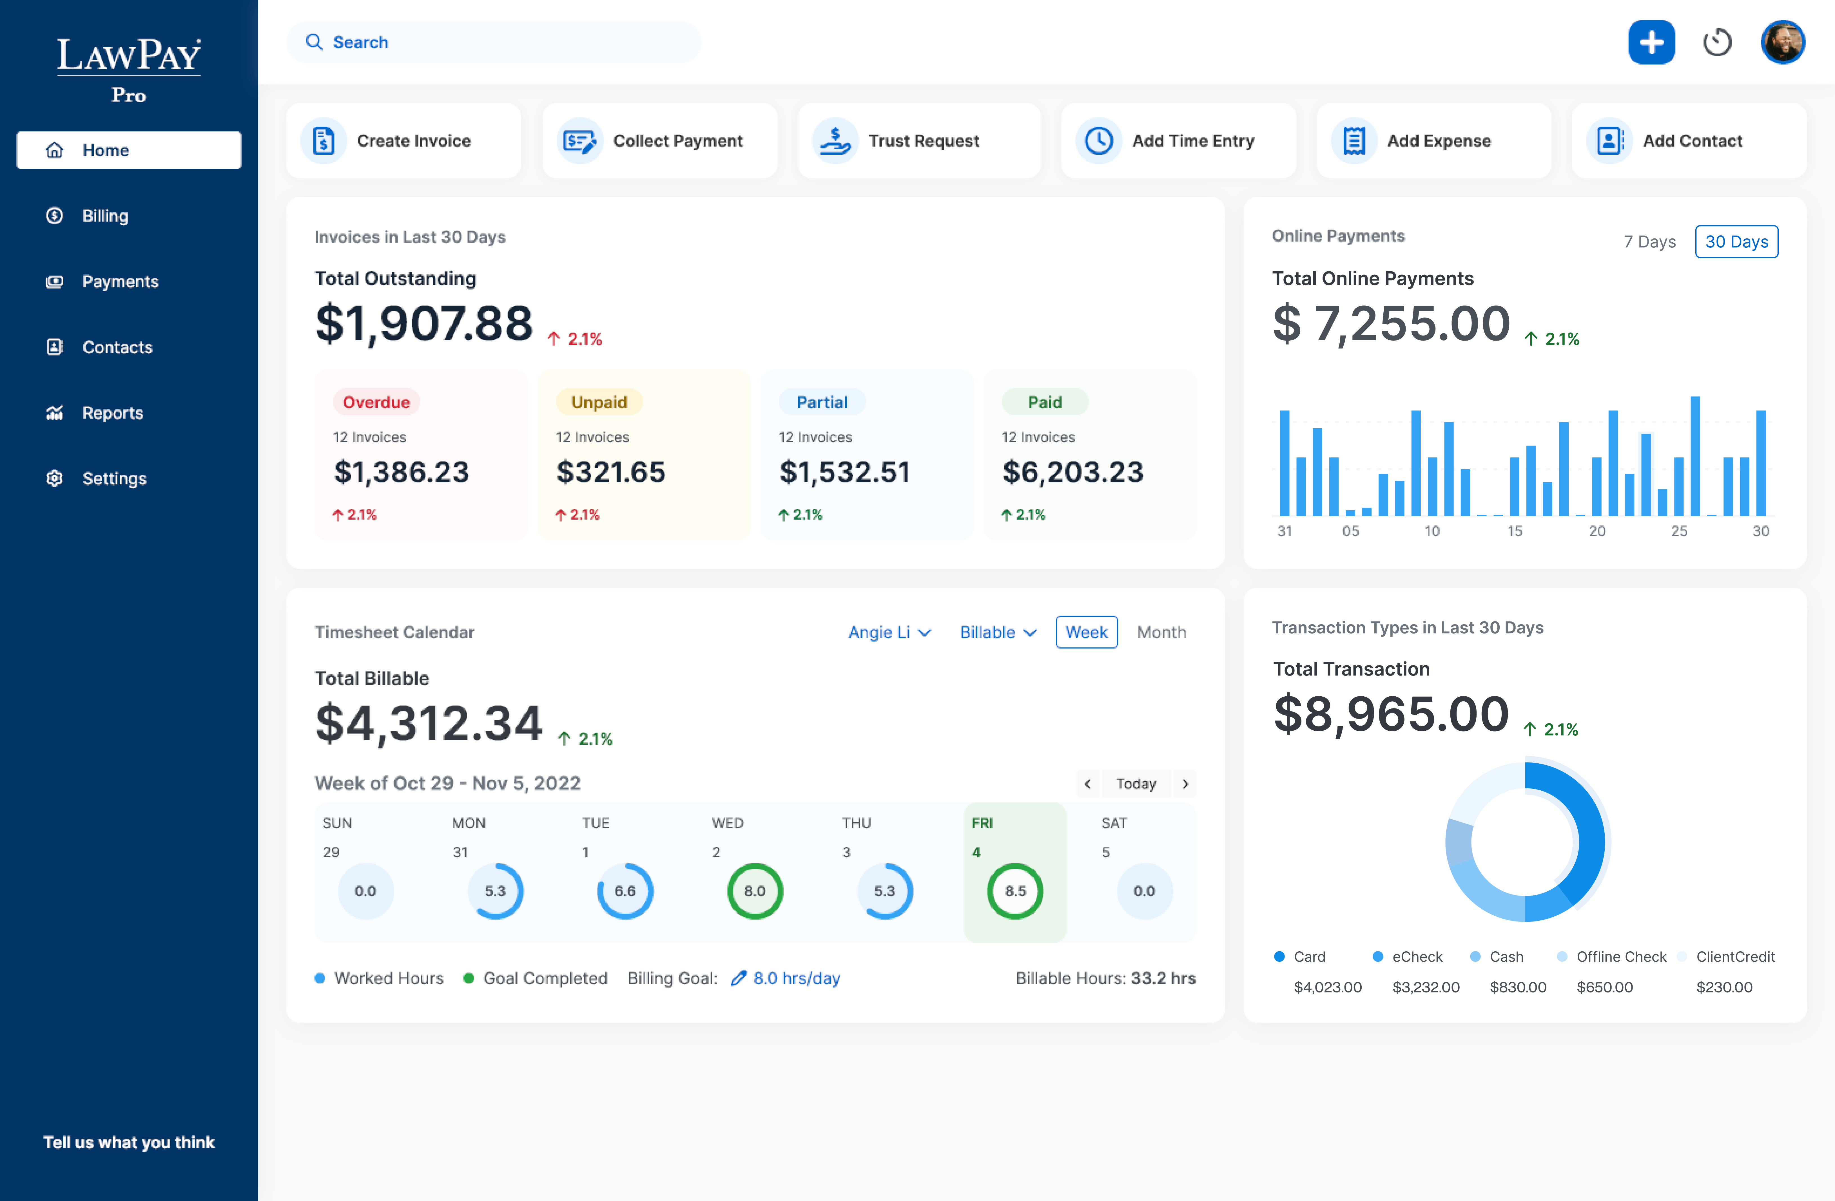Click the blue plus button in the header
click(1651, 43)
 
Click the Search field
click(493, 43)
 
